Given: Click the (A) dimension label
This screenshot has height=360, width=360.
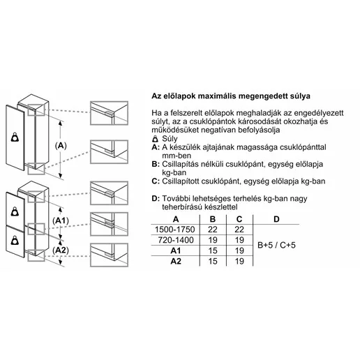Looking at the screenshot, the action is click(x=61, y=146).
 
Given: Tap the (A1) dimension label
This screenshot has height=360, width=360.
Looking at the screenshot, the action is click(x=61, y=220).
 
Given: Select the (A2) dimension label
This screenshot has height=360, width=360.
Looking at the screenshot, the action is click(x=61, y=250).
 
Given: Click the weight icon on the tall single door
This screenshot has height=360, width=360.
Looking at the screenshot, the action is click(x=15, y=137).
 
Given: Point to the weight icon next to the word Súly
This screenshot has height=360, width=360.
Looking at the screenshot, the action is click(x=155, y=139).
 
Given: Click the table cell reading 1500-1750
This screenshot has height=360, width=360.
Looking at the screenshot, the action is click(x=175, y=230).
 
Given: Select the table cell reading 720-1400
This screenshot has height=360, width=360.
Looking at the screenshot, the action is click(x=176, y=240).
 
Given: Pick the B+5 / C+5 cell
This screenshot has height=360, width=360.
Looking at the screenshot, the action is click(x=276, y=245).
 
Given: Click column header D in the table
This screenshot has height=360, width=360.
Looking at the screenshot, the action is click(x=276, y=219).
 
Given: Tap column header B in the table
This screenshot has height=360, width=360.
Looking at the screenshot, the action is click(x=213, y=219).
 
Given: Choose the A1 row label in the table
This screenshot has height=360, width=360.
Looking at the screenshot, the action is click(x=176, y=250).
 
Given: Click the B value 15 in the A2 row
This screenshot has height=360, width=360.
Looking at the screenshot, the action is click(x=213, y=261).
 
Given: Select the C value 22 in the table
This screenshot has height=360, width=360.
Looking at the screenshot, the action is click(x=239, y=230).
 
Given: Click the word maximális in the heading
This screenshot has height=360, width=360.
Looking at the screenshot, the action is click(x=217, y=96).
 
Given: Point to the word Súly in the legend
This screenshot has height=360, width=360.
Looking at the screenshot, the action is click(x=170, y=139).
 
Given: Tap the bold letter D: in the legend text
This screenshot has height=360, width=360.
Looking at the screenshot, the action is click(x=156, y=199).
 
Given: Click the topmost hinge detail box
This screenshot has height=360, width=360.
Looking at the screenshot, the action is click(x=109, y=113).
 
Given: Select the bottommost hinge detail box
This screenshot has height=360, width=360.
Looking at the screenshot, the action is click(x=109, y=255).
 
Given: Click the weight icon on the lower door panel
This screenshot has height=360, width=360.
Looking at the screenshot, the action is click(x=15, y=241).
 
